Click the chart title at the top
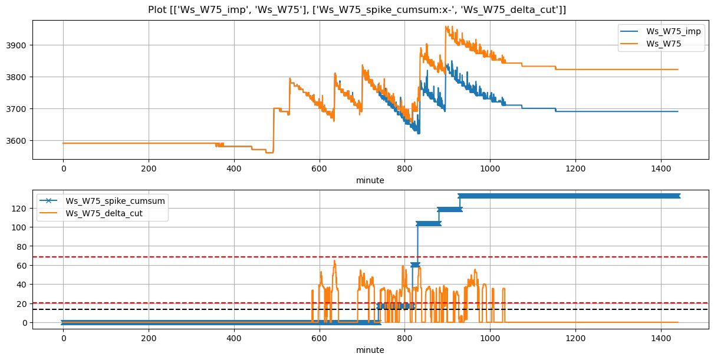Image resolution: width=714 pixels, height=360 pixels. coord(357,9)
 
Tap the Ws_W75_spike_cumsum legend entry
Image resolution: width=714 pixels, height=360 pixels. coord(115,201)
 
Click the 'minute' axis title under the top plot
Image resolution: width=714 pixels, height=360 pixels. coord(370,180)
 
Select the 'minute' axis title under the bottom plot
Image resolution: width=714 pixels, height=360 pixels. coord(370,350)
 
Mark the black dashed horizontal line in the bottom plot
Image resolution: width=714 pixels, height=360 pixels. coord(177,309)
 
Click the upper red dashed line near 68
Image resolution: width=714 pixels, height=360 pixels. coord(177,257)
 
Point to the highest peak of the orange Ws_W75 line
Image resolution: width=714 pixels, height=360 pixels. coord(446,27)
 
